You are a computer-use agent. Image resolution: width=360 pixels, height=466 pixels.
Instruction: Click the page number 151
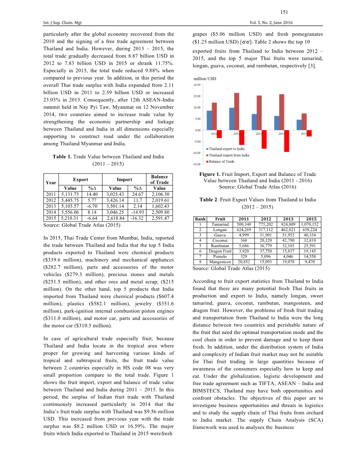point(285,12)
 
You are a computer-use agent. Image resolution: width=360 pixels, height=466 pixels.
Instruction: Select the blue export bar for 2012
point(232,119)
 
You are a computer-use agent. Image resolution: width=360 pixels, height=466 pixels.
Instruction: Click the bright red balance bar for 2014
point(287,141)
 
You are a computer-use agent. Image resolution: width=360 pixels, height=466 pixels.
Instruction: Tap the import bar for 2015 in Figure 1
point(304,121)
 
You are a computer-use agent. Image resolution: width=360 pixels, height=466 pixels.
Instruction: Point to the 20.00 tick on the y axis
point(197,85)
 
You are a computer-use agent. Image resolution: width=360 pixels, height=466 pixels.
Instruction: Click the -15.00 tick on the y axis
point(197,164)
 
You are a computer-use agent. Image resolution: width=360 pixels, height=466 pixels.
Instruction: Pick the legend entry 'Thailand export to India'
point(227,149)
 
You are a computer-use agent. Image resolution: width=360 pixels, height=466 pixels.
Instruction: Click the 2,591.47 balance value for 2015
point(159,218)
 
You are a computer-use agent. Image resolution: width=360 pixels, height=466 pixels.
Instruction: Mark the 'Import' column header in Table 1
point(124,180)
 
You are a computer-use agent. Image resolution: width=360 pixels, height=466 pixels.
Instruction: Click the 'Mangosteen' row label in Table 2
point(220,262)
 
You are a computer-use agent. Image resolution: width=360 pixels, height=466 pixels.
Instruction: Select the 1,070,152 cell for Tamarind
point(310,224)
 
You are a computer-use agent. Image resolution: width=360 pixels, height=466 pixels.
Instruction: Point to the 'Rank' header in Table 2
point(200,219)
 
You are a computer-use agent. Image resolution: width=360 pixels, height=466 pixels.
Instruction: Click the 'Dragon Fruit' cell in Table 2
point(220,251)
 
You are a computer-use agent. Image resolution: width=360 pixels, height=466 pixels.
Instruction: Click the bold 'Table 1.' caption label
point(62,157)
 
